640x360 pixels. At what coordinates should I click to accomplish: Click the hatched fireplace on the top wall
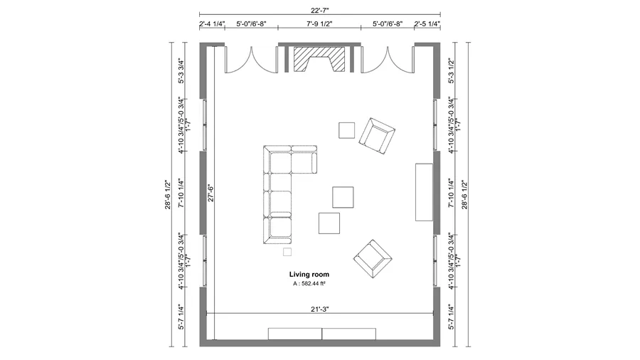(x=319, y=58)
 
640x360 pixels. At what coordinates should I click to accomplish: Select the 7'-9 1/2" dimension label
(x=319, y=24)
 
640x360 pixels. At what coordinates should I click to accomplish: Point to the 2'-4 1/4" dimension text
(x=212, y=24)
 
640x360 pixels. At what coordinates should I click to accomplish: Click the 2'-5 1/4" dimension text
(x=427, y=24)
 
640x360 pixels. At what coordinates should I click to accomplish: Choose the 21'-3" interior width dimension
(x=319, y=308)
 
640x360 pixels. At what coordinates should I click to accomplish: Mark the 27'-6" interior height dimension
(x=210, y=194)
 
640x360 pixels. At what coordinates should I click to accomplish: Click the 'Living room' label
(x=309, y=274)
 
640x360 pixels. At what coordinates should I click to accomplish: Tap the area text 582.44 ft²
(x=309, y=283)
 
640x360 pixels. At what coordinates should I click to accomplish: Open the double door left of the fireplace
(x=251, y=60)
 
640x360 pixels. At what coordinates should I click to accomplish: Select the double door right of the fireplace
(x=388, y=60)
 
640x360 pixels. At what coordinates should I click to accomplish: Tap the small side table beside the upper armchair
(x=346, y=130)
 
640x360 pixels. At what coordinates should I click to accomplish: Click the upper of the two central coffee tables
(x=343, y=197)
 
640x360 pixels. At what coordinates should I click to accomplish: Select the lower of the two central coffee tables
(x=329, y=223)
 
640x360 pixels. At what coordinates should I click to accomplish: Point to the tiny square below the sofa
(x=287, y=252)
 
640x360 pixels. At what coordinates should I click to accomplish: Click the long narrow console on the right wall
(x=425, y=192)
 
